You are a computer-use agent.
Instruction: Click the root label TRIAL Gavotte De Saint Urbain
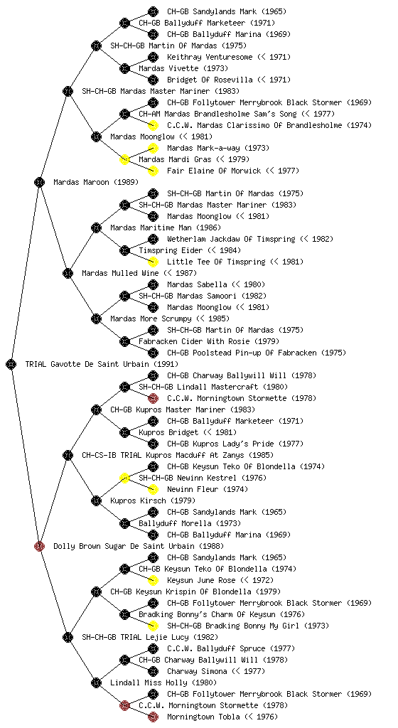click(x=102, y=365)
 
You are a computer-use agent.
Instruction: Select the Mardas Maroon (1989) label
click(x=96, y=183)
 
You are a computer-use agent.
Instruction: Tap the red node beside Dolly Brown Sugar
click(x=39, y=546)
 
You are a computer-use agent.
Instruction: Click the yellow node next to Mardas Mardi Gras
click(x=124, y=160)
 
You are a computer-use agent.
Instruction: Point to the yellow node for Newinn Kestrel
click(x=124, y=478)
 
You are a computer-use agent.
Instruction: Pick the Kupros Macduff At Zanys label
click(x=178, y=456)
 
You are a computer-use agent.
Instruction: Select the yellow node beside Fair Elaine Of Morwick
click(x=153, y=171)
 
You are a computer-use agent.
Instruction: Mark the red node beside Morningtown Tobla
click(x=153, y=717)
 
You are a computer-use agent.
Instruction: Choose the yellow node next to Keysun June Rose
click(x=153, y=580)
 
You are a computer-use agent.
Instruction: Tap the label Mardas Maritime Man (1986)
click(x=166, y=228)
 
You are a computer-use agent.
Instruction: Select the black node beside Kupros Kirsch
click(x=96, y=500)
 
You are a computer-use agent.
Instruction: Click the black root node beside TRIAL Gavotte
click(x=11, y=365)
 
